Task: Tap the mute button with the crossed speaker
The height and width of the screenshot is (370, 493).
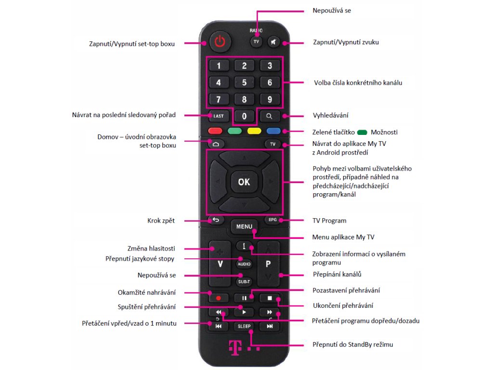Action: click(273, 42)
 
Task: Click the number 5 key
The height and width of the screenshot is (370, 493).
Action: click(244, 82)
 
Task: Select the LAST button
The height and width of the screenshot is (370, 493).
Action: click(218, 116)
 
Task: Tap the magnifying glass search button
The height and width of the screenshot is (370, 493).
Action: click(270, 116)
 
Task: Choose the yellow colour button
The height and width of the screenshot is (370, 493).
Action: click(254, 131)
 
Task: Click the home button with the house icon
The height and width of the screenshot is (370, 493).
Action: click(215, 144)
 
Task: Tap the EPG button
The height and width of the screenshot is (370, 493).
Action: click(272, 220)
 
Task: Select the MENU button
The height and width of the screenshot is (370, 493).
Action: click(244, 226)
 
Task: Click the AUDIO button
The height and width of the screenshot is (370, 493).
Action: click(244, 264)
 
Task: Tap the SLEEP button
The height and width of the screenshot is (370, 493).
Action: click(244, 326)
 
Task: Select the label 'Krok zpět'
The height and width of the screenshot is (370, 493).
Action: click(161, 221)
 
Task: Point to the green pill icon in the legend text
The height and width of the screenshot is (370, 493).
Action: click(362, 132)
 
